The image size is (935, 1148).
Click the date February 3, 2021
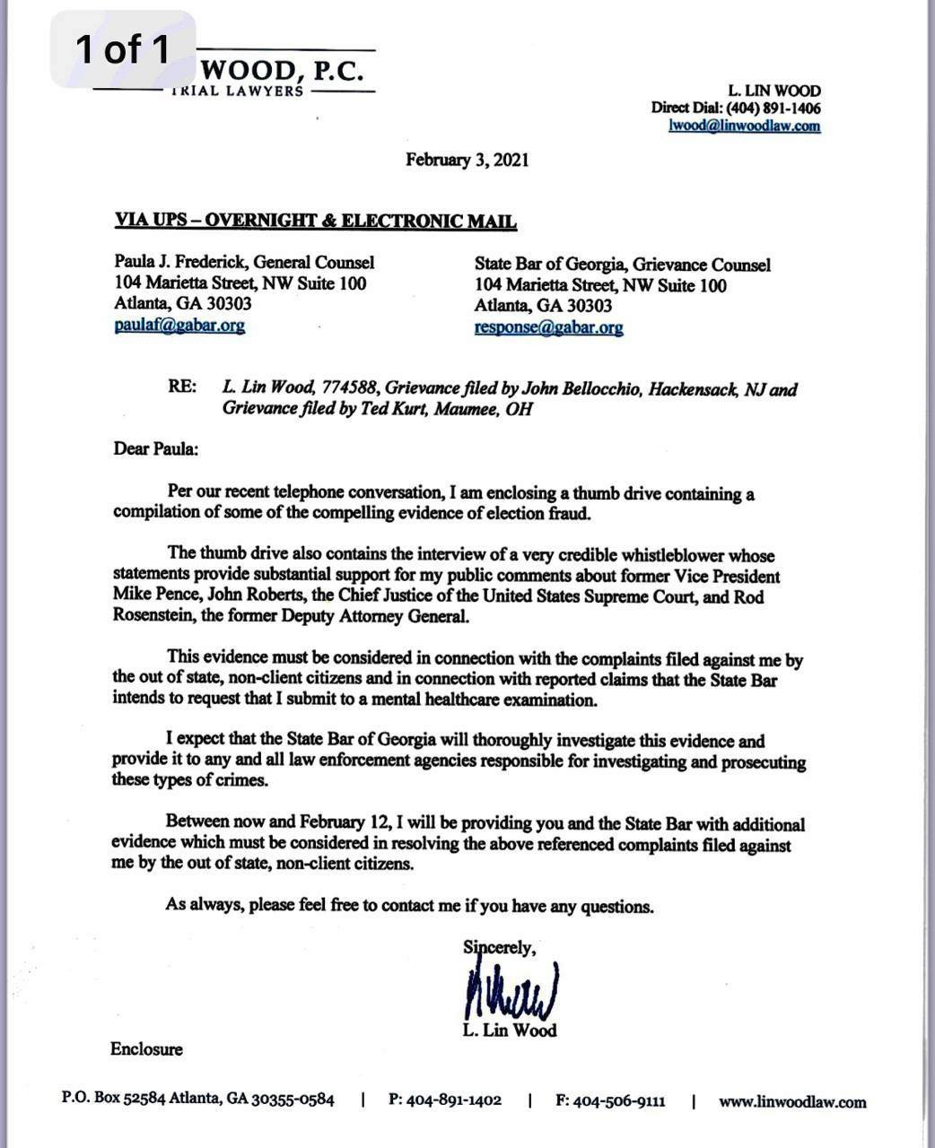[x=467, y=161]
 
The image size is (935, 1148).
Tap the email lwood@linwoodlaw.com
[x=745, y=126]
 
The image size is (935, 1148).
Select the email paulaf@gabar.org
[x=179, y=326]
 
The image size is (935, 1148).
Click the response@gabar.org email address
[x=548, y=327]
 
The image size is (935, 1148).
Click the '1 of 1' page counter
[x=123, y=49]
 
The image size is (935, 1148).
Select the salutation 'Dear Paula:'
[x=155, y=448]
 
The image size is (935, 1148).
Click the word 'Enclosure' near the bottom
[x=146, y=1048]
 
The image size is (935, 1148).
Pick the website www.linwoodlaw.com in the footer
[x=792, y=1101]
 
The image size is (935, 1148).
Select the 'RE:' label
[x=182, y=388]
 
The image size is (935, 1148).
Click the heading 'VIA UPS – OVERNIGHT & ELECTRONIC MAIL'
[x=316, y=222]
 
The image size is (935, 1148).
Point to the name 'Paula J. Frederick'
[x=179, y=263]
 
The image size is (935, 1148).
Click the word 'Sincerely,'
[x=500, y=947]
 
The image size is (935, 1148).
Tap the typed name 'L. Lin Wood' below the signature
[x=510, y=1031]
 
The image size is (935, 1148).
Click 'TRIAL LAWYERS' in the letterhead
[x=238, y=91]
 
